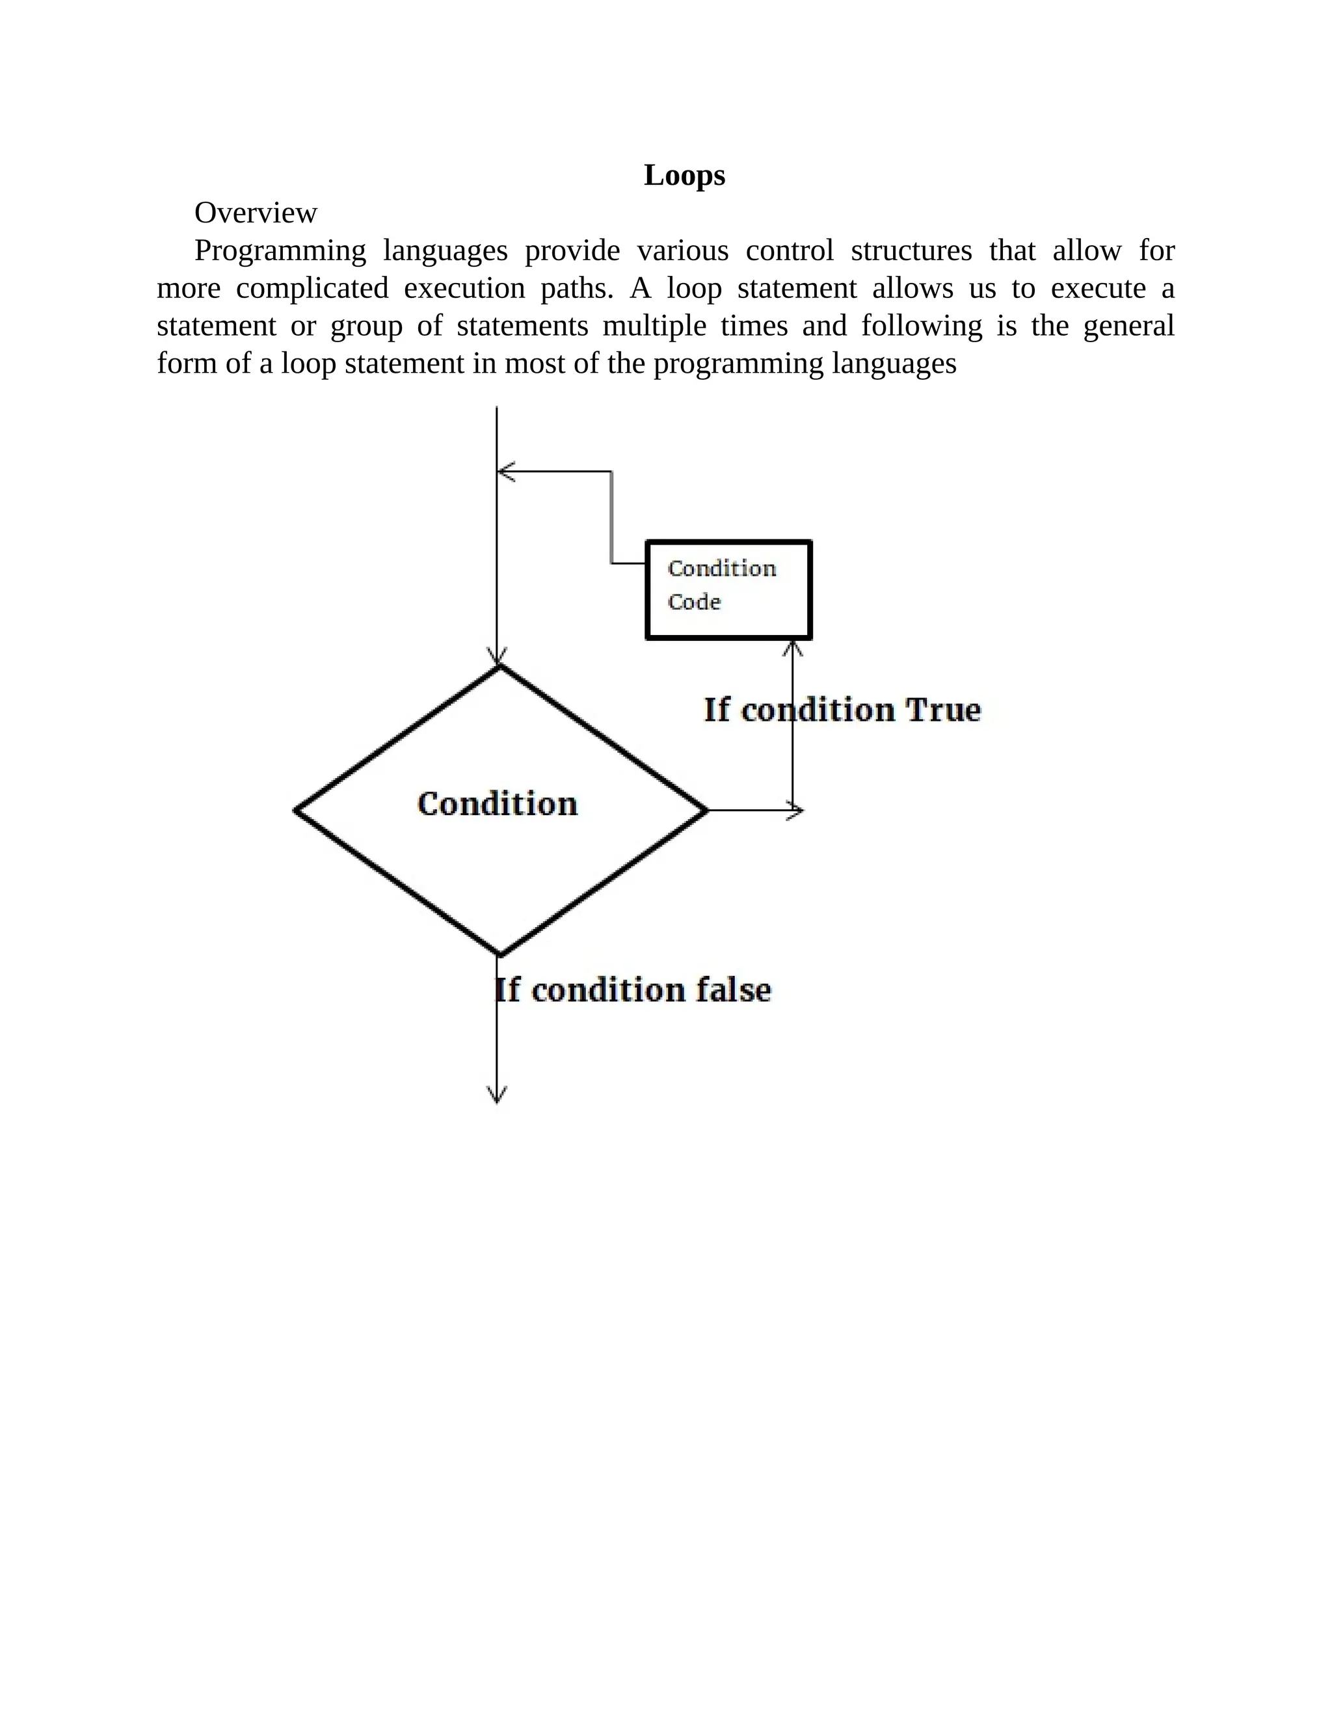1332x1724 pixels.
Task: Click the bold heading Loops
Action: (x=684, y=175)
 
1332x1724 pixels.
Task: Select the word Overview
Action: (x=256, y=213)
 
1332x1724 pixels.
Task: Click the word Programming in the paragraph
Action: (x=280, y=251)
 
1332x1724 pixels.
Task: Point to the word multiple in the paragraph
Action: (x=654, y=326)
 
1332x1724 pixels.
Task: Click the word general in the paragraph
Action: (x=1128, y=326)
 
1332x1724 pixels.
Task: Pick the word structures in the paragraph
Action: (x=911, y=251)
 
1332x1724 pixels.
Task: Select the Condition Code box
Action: (x=728, y=589)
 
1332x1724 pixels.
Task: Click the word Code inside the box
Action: (x=695, y=602)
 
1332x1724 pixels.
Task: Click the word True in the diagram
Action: (x=942, y=710)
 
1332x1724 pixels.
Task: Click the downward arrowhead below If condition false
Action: (x=497, y=1096)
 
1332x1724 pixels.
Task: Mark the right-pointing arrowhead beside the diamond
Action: (x=796, y=810)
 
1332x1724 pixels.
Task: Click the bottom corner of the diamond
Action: (x=499, y=954)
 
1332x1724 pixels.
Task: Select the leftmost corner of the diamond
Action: (x=296, y=810)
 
